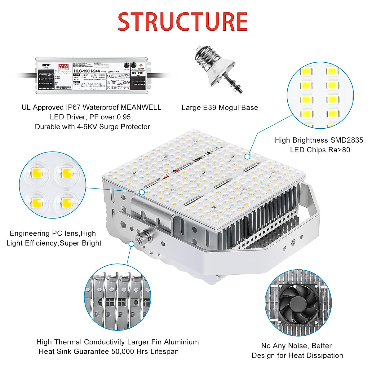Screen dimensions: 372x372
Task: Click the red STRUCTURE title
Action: coord(183,22)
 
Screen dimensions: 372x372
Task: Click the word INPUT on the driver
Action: coord(46,65)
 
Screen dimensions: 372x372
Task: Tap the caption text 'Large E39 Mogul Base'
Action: coord(219,108)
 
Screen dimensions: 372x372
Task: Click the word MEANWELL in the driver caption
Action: coord(141,107)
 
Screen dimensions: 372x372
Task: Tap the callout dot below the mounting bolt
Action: coord(131,244)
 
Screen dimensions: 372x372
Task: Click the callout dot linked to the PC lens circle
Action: coord(142,192)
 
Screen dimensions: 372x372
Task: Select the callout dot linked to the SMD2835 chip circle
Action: coord(247,157)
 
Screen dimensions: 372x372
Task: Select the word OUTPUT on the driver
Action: coord(138,73)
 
